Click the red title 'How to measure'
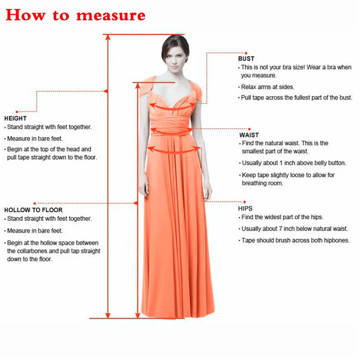[76, 15]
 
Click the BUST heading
[246, 58]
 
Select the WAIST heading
[249, 135]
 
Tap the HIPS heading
[245, 209]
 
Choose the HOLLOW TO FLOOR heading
[33, 210]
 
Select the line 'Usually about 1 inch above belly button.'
[294, 163]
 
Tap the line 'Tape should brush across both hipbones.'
[295, 240]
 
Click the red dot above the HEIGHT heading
[17, 111]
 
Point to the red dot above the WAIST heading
[249, 129]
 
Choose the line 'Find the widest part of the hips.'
[282, 217]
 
